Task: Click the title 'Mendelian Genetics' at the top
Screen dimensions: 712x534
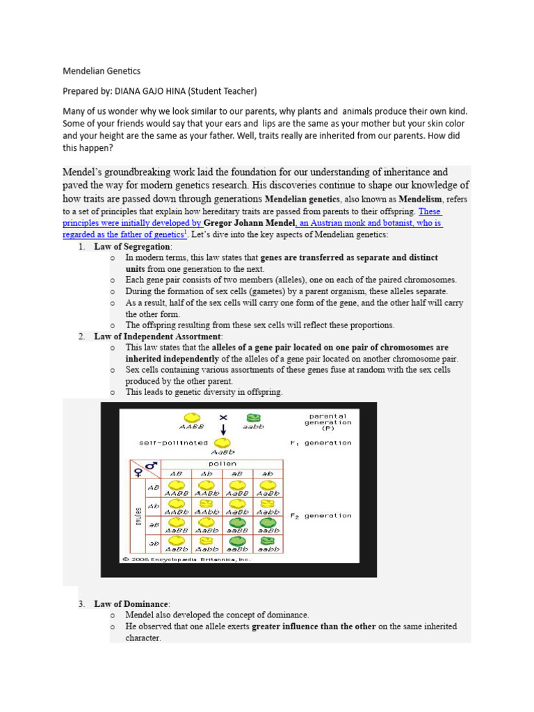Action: [102, 71]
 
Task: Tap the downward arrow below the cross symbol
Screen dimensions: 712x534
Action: [223, 430]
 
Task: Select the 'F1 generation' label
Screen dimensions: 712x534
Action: [321, 443]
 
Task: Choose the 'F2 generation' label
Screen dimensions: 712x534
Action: [321, 516]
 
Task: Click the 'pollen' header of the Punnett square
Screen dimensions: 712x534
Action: [222, 464]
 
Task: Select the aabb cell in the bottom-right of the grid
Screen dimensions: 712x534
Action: [268, 544]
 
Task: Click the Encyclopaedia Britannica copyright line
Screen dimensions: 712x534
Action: [186, 558]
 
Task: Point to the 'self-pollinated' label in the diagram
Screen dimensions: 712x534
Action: [174, 443]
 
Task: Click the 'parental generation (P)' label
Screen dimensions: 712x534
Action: [328, 422]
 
